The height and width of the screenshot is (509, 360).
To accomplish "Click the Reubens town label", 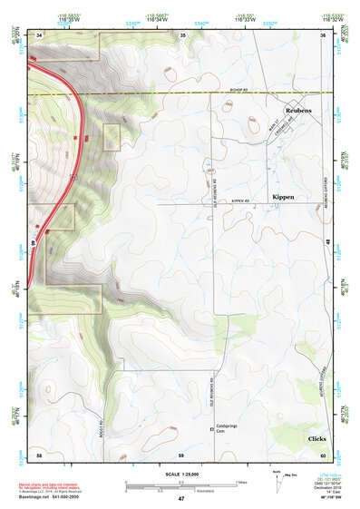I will (x=297, y=109).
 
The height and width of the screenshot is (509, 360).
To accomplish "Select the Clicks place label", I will (x=316, y=438).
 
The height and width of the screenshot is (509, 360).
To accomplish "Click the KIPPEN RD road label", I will (x=239, y=201).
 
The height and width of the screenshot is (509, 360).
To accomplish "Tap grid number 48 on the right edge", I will (x=326, y=240).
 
